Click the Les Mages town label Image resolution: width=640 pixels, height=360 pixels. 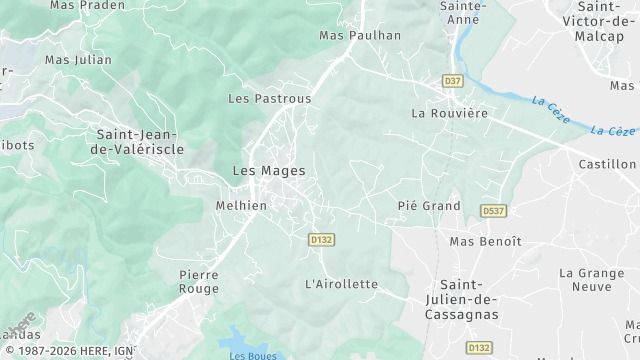268,171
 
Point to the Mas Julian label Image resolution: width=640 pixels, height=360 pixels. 78,60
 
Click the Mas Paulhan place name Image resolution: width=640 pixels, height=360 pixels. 359,36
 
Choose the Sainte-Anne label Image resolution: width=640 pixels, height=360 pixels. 463,11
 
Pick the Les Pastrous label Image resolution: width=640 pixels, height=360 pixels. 269,99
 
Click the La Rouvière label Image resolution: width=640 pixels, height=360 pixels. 449,113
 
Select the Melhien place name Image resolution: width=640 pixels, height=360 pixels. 241,206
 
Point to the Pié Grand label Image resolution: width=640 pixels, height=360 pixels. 428,206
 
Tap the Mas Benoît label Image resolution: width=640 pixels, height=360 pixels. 485,241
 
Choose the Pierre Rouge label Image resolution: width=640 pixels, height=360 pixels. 198,281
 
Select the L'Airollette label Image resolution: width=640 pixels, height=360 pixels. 341,284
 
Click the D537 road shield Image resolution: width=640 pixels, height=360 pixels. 492,211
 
